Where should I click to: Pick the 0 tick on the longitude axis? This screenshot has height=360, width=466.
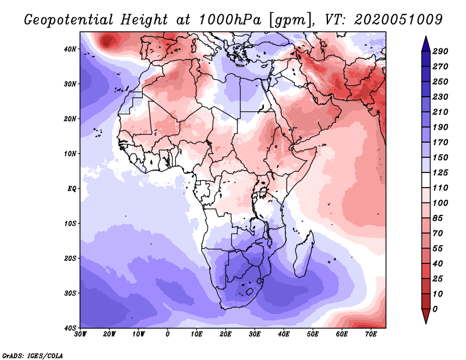(x=168, y=334)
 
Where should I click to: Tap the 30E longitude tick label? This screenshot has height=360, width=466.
(x=255, y=334)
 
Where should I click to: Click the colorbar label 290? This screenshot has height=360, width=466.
(x=440, y=51)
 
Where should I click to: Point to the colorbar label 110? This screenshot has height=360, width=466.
(x=440, y=188)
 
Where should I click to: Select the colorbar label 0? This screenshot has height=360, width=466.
(x=435, y=309)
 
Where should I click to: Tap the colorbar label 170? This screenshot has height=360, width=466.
(x=440, y=142)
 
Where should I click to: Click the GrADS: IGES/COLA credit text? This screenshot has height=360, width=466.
(x=33, y=355)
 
